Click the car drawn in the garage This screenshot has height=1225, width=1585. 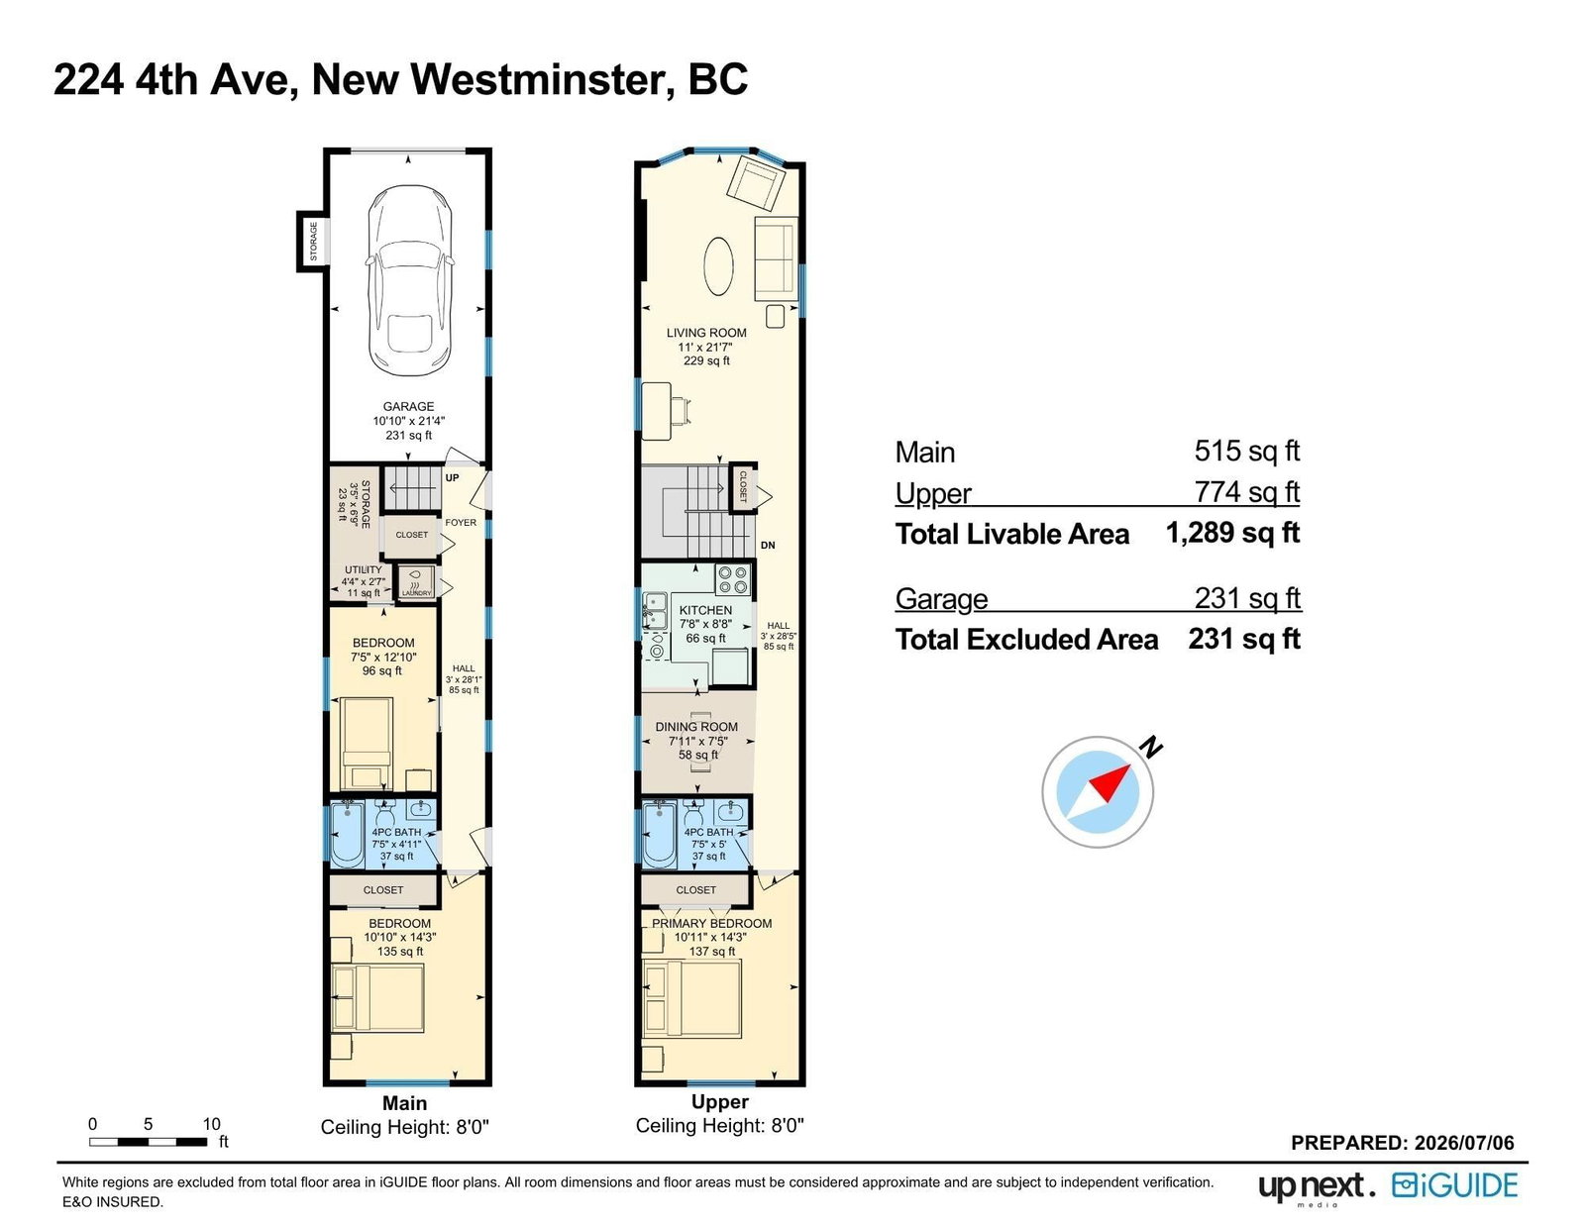408,279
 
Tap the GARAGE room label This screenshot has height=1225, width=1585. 408,406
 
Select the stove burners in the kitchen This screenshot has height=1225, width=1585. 733,579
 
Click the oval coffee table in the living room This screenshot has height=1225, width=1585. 718,266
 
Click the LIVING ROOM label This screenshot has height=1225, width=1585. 706,333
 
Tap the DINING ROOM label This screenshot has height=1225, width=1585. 695,726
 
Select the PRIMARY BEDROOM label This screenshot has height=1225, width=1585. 711,923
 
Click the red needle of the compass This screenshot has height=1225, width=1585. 1110,783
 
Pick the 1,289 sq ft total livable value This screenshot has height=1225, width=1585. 1232,533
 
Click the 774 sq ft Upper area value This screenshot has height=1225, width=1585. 1247,492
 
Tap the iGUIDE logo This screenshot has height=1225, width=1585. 1454,1185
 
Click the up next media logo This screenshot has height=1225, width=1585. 1317,1187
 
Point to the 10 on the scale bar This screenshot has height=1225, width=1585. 212,1124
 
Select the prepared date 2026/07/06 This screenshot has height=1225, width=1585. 1464,1143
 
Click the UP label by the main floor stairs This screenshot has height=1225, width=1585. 453,477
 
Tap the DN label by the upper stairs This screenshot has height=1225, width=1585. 768,545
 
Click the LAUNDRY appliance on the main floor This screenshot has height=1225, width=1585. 416,582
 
